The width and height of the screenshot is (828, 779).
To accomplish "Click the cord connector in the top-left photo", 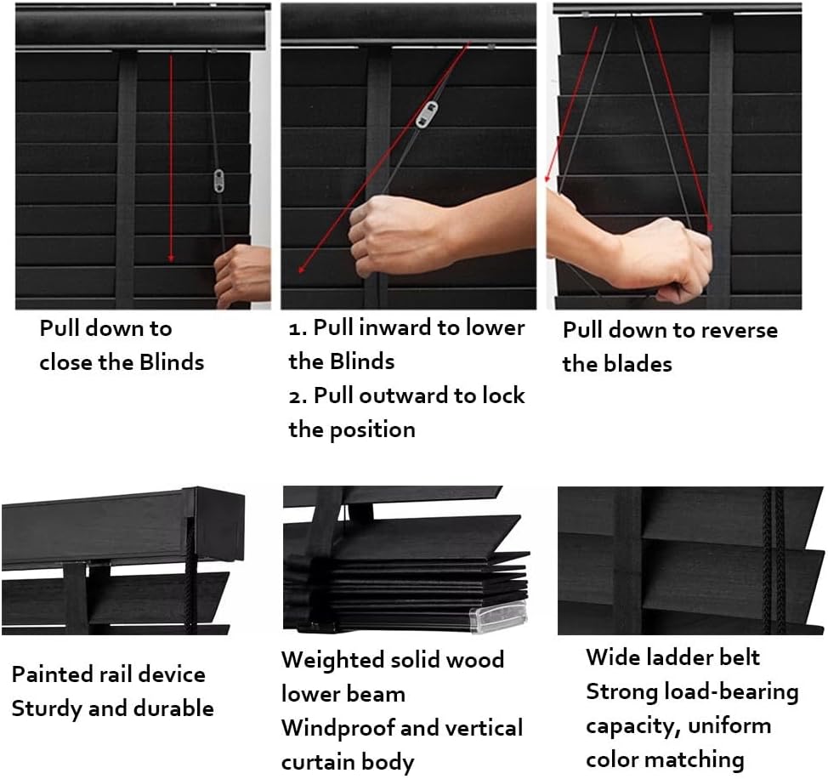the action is click(x=218, y=180).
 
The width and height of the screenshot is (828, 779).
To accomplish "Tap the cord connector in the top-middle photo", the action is click(x=427, y=115).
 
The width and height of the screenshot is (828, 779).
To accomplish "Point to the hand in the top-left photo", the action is click(x=242, y=275).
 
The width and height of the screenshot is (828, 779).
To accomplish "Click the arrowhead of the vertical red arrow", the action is click(x=171, y=257).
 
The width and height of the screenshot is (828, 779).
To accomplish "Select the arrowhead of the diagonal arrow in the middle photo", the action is click(x=302, y=269).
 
